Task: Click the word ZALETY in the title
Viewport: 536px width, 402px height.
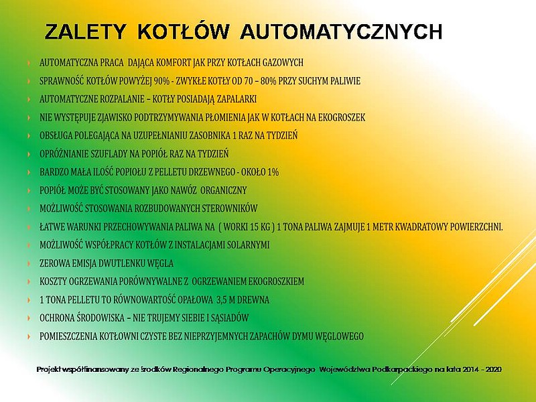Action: pyautogui.click(x=85, y=31)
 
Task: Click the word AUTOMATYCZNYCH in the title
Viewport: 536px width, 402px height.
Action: pyautogui.click(x=341, y=31)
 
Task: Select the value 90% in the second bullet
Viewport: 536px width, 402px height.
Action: pyautogui.click(x=161, y=81)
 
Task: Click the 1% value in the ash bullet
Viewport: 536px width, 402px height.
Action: pyautogui.click(x=273, y=172)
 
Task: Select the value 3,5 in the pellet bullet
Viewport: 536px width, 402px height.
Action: pyautogui.click(x=221, y=299)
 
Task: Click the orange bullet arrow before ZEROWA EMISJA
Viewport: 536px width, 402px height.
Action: pyautogui.click(x=29, y=263)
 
